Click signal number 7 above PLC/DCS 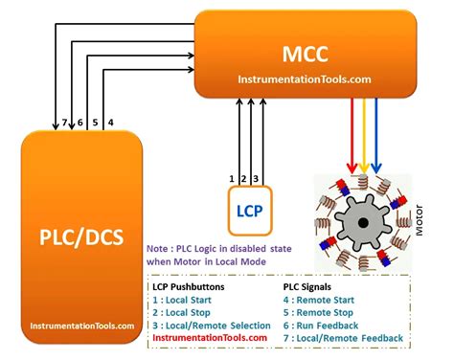(63, 123)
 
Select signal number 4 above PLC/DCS (111, 123)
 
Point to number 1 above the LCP (232, 179)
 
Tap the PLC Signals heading (316, 286)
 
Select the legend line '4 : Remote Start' (328, 300)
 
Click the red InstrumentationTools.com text (210, 337)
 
